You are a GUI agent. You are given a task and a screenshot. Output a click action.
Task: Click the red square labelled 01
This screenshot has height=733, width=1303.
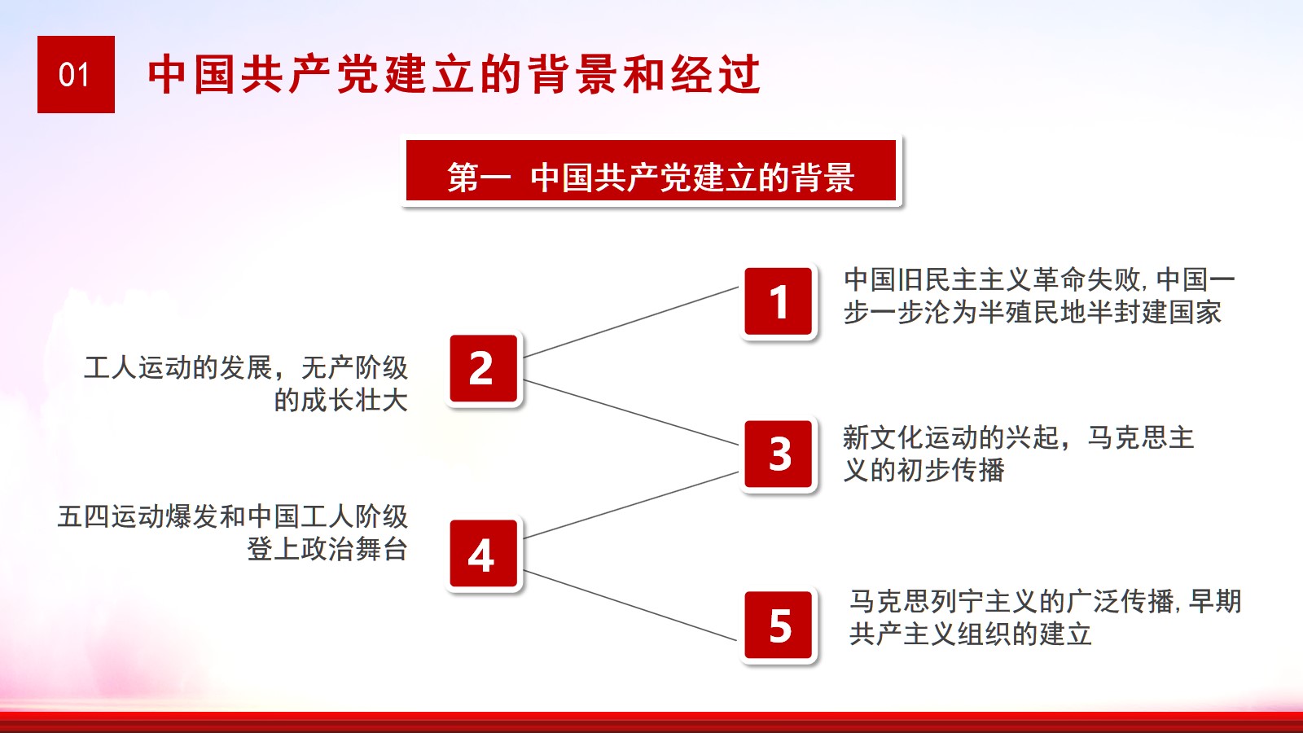[x=77, y=74]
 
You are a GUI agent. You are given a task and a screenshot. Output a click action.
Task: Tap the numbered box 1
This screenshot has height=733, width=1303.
[x=779, y=301]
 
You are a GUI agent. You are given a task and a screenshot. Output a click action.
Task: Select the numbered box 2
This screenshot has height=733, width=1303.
[x=484, y=368]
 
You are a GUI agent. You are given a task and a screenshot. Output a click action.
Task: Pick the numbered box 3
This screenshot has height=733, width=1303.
[x=779, y=454]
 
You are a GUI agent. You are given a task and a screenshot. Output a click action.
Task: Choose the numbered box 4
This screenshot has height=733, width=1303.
[x=484, y=553]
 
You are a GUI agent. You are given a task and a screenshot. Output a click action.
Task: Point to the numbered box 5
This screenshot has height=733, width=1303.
[x=779, y=625]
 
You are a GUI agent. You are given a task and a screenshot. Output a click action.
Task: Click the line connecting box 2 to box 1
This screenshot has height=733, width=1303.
[x=631, y=322]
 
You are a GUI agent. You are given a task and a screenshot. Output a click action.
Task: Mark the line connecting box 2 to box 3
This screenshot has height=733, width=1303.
[x=631, y=412]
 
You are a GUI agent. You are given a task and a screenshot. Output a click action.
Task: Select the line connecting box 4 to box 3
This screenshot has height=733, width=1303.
[x=631, y=505]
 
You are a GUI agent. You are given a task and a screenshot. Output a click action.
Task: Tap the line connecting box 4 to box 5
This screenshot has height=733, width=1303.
[x=631, y=606]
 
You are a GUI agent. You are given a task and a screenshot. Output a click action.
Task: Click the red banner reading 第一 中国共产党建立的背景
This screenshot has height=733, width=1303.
[x=651, y=170]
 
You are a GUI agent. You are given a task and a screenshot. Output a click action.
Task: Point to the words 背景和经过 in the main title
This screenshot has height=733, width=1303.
[x=645, y=74]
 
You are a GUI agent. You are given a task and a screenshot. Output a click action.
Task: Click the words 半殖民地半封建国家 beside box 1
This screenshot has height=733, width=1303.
[x=1099, y=313]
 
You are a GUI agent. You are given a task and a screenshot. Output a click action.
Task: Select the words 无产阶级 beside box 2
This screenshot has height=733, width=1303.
[x=354, y=367]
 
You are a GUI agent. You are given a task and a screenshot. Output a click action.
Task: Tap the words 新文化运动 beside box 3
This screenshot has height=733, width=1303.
[x=910, y=437]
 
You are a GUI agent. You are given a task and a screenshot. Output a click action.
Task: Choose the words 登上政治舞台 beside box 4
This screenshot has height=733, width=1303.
[x=327, y=549]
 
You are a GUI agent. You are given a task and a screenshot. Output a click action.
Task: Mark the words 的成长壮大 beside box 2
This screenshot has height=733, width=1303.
[x=341, y=400]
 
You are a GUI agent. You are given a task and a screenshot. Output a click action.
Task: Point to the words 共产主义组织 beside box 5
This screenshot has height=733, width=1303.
[x=930, y=634]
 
